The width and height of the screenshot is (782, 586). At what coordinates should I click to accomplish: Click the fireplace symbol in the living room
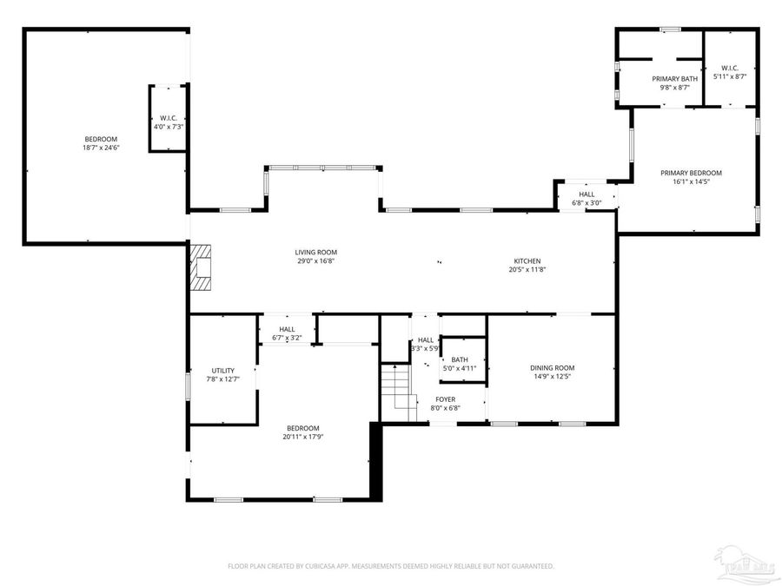tap(202, 266)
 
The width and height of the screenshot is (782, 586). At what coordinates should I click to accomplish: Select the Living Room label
tap(315, 253)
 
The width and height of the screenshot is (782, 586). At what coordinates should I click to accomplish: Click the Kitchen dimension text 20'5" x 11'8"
tap(527, 270)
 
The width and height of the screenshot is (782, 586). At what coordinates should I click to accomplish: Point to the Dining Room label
tap(552, 368)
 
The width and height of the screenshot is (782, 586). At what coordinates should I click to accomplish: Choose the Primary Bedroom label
tap(691, 173)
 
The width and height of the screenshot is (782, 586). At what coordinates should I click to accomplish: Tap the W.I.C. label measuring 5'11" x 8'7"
tap(729, 68)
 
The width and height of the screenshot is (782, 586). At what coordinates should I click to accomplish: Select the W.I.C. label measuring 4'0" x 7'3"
tap(168, 118)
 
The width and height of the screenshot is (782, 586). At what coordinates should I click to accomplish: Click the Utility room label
tap(222, 371)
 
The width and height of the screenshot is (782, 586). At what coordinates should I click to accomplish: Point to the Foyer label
tap(445, 399)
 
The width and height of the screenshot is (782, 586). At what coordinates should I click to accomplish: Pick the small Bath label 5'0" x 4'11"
tap(459, 359)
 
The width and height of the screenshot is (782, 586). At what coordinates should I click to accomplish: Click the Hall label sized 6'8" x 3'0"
tap(586, 194)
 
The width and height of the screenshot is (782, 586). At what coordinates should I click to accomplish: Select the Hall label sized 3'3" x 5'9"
tap(425, 340)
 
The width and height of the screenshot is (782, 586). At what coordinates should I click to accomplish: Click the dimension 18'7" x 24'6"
tap(100, 148)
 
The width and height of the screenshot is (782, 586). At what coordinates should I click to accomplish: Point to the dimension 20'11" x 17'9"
tap(303, 437)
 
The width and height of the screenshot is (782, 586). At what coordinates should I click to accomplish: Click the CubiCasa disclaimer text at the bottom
tap(390, 566)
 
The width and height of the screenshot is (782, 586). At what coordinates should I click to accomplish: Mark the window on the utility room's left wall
tap(189, 385)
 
